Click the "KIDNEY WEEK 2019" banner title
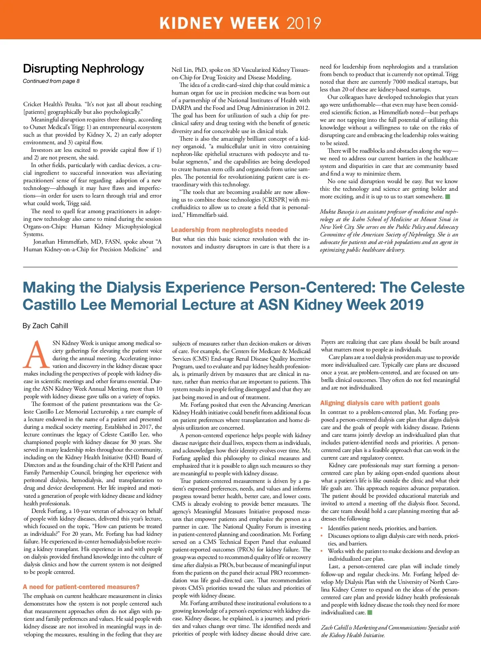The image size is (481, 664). [240, 23]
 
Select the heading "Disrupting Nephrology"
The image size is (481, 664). [83, 69]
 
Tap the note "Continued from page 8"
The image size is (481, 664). [51, 81]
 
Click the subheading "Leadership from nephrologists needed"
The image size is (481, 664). [229, 230]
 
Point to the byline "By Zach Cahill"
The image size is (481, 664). [45, 326]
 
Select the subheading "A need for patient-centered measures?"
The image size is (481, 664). [81, 587]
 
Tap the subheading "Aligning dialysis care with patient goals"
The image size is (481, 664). [380, 403]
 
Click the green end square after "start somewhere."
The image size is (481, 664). [448, 197]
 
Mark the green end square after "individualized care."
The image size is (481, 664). [370, 612]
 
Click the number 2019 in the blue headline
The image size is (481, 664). [406, 305]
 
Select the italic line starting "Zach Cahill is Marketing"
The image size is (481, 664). [390, 628]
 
